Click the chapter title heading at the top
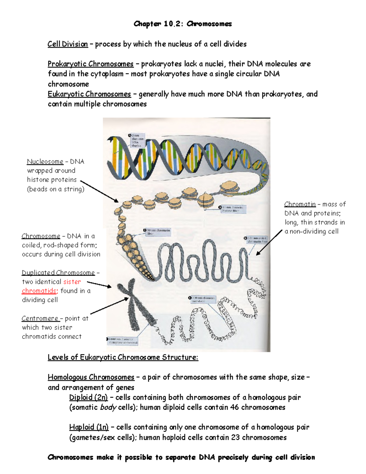(x=183, y=24)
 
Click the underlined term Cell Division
(x=68, y=44)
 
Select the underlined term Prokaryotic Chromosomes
(x=91, y=64)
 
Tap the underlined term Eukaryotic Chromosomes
(x=89, y=94)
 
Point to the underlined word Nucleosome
(x=45, y=161)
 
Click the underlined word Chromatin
(x=300, y=204)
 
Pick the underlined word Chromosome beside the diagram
(x=41, y=236)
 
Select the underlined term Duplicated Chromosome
(x=58, y=273)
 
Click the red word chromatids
(x=39, y=291)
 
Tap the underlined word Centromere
(x=40, y=318)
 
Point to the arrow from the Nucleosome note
(x=99, y=191)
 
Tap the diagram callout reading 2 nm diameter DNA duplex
(x=136, y=140)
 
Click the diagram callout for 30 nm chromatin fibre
(x=157, y=232)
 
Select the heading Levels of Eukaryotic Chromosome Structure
(x=123, y=357)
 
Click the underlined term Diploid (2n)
(x=88, y=397)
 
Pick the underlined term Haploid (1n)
(x=89, y=427)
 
